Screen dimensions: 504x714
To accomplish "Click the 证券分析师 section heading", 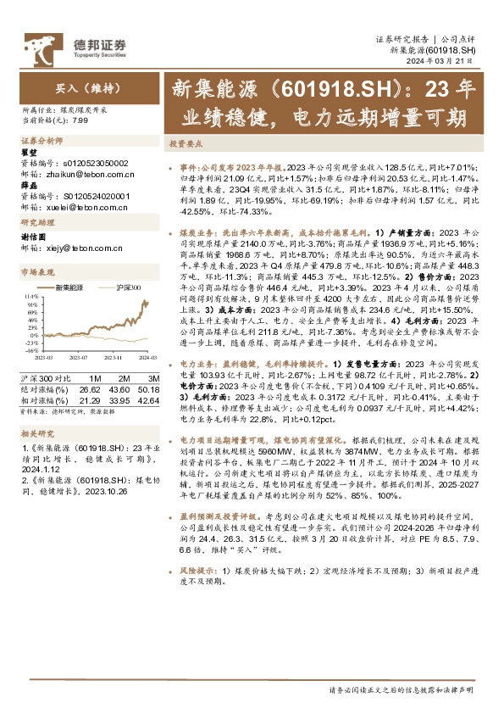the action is click(42, 139).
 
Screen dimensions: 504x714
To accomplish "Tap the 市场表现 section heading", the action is click(37, 271).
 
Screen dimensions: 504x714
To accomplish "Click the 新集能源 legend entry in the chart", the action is click(69, 288).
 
